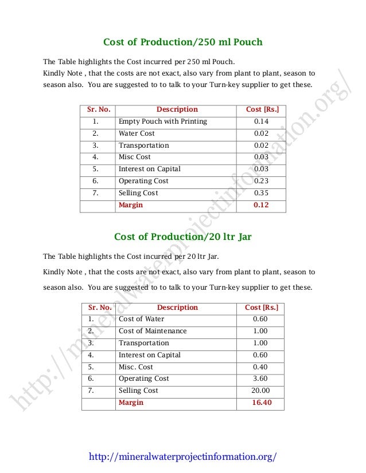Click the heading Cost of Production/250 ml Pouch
182,42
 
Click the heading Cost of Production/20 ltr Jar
182,236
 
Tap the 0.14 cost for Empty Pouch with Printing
261,121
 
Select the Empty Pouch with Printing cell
162,121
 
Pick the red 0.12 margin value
261,205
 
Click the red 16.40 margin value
261,403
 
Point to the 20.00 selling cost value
261,391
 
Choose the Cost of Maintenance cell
153,331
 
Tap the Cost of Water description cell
141,319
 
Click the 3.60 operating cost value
260,379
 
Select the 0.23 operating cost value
261,181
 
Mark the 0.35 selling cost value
261,193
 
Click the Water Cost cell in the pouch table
137,133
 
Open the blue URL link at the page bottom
183,456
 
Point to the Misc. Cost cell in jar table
136,367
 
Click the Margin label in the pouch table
130,205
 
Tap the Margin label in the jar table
130,403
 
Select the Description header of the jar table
177,308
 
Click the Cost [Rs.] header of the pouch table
262,109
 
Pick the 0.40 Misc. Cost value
260,367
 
